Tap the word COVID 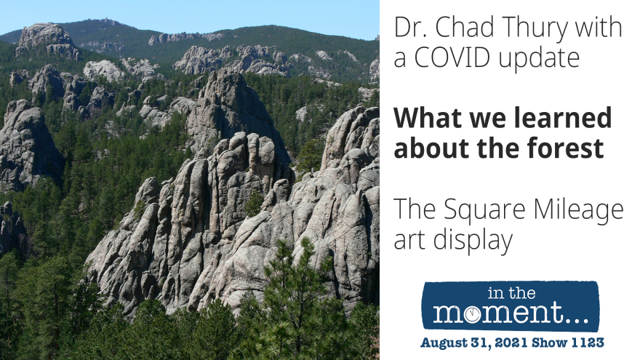point(452,57)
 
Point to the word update point(539,60)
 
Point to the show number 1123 point(588,343)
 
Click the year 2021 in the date point(505,343)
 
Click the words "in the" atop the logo point(511,293)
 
